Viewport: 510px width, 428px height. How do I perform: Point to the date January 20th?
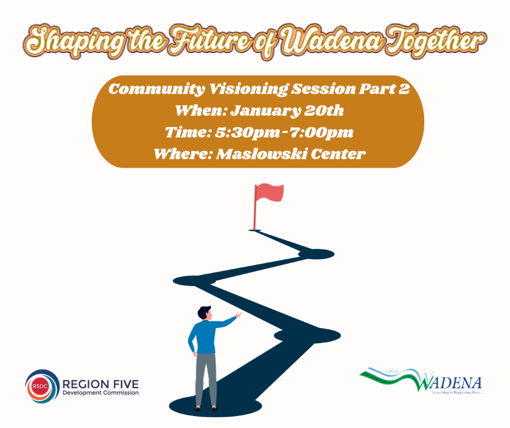pyautogui.click(x=288, y=111)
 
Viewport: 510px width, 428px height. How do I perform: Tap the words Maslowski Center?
pyautogui.click(x=291, y=154)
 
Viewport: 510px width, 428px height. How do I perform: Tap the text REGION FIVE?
pyautogui.click(x=100, y=383)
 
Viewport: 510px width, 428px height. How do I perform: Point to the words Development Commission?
pyautogui.click(x=100, y=393)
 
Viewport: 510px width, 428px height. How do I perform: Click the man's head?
pyautogui.click(x=203, y=314)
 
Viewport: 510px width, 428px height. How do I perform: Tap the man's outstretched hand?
pyautogui.click(x=237, y=314)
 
